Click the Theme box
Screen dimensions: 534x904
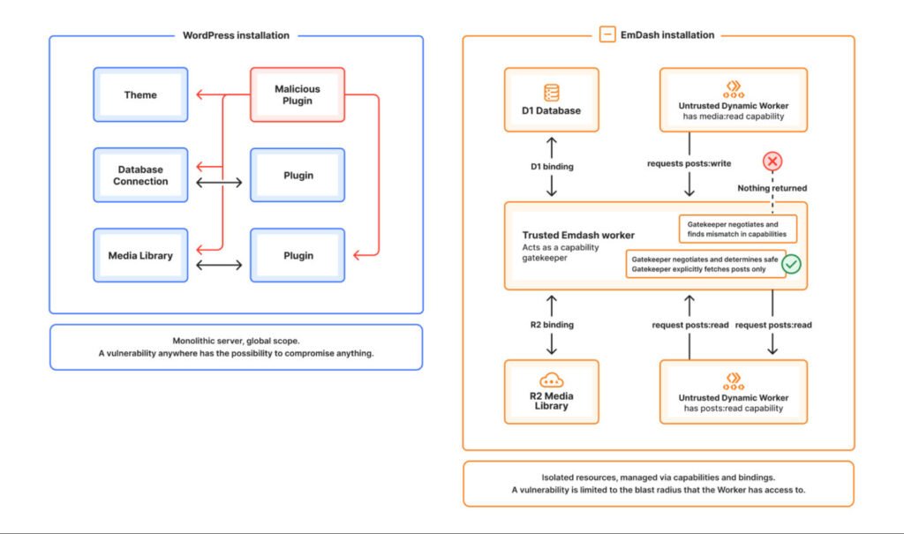point(140,94)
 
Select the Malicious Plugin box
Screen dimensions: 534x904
point(298,94)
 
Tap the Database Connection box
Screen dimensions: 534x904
point(140,175)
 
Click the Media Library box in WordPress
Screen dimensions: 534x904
point(140,255)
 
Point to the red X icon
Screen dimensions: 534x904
point(772,162)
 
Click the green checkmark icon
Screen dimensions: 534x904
point(791,264)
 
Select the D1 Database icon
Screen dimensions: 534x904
point(552,92)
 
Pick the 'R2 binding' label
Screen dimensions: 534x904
point(551,325)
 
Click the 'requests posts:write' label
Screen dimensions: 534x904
point(689,162)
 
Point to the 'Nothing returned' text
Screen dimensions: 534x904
point(772,188)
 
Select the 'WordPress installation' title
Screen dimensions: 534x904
point(236,35)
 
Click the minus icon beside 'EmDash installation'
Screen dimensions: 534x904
point(606,35)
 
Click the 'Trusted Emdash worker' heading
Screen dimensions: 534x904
point(578,235)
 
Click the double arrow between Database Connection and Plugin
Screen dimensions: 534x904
point(219,183)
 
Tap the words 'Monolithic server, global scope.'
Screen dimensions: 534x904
point(236,341)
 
